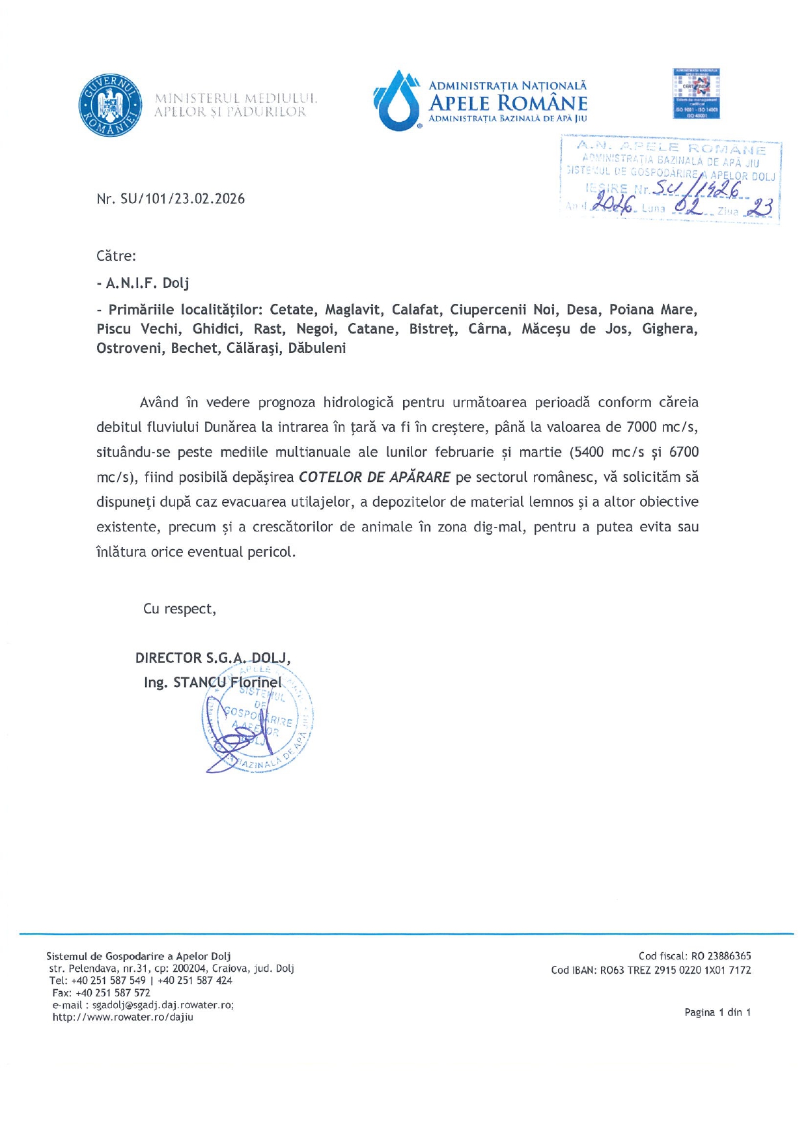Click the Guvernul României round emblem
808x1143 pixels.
(111, 105)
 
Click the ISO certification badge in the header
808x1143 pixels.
(696, 94)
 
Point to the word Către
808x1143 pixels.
(116, 256)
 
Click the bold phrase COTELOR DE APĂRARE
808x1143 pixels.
(374, 477)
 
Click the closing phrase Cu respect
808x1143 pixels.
(179, 609)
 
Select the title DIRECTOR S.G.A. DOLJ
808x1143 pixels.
(212, 658)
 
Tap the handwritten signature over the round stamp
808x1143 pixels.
(229, 742)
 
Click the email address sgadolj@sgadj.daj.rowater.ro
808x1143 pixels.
(163, 1005)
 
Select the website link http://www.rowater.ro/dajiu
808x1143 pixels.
(123, 1017)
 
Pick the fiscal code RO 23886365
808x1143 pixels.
(721, 956)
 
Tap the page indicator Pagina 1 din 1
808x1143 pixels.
(717, 1012)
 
